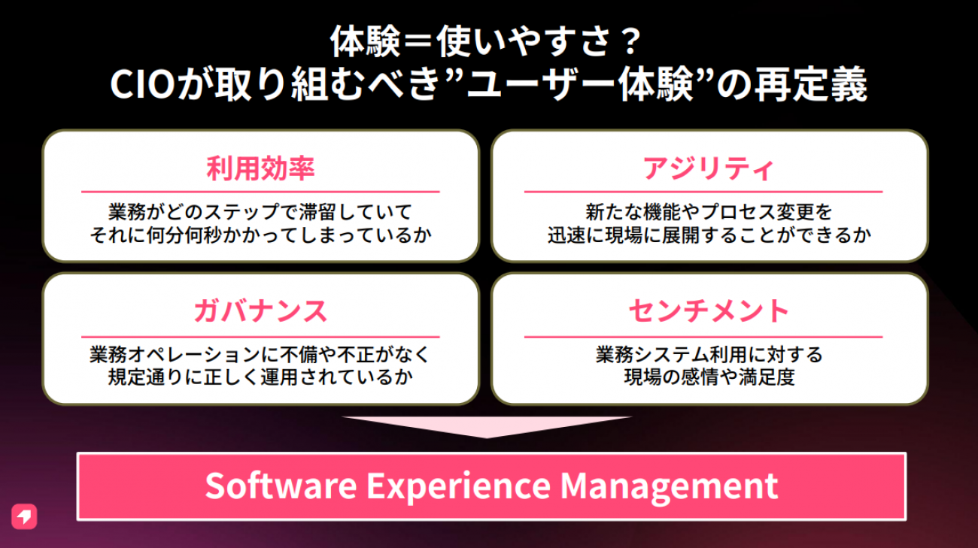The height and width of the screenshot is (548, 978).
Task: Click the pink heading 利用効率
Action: [x=260, y=169]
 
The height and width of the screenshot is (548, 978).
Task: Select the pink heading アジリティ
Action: [x=708, y=169]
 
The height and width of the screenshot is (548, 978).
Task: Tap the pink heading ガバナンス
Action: [x=260, y=311]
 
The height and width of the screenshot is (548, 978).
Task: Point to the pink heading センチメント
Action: [x=708, y=311]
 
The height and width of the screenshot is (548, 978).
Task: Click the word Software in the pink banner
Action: [x=281, y=486]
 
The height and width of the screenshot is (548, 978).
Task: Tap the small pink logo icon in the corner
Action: [x=24, y=516]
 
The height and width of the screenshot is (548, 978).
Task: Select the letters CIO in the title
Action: [x=143, y=84]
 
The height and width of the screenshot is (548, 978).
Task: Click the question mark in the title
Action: [x=630, y=41]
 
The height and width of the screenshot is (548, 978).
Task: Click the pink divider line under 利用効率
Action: [x=260, y=192]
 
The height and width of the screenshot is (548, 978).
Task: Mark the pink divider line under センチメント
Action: [x=703, y=337]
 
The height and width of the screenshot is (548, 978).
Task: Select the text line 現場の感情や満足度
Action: [x=709, y=377]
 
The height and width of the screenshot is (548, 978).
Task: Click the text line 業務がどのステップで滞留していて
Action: [x=260, y=212]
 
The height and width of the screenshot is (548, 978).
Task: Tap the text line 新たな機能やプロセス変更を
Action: [x=709, y=212]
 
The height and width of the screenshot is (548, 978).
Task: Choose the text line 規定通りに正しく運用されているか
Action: [x=260, y=377]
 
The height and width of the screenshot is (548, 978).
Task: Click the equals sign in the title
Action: [x=418, y=42]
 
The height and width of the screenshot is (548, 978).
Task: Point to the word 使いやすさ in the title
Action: [x=523, y=41]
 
